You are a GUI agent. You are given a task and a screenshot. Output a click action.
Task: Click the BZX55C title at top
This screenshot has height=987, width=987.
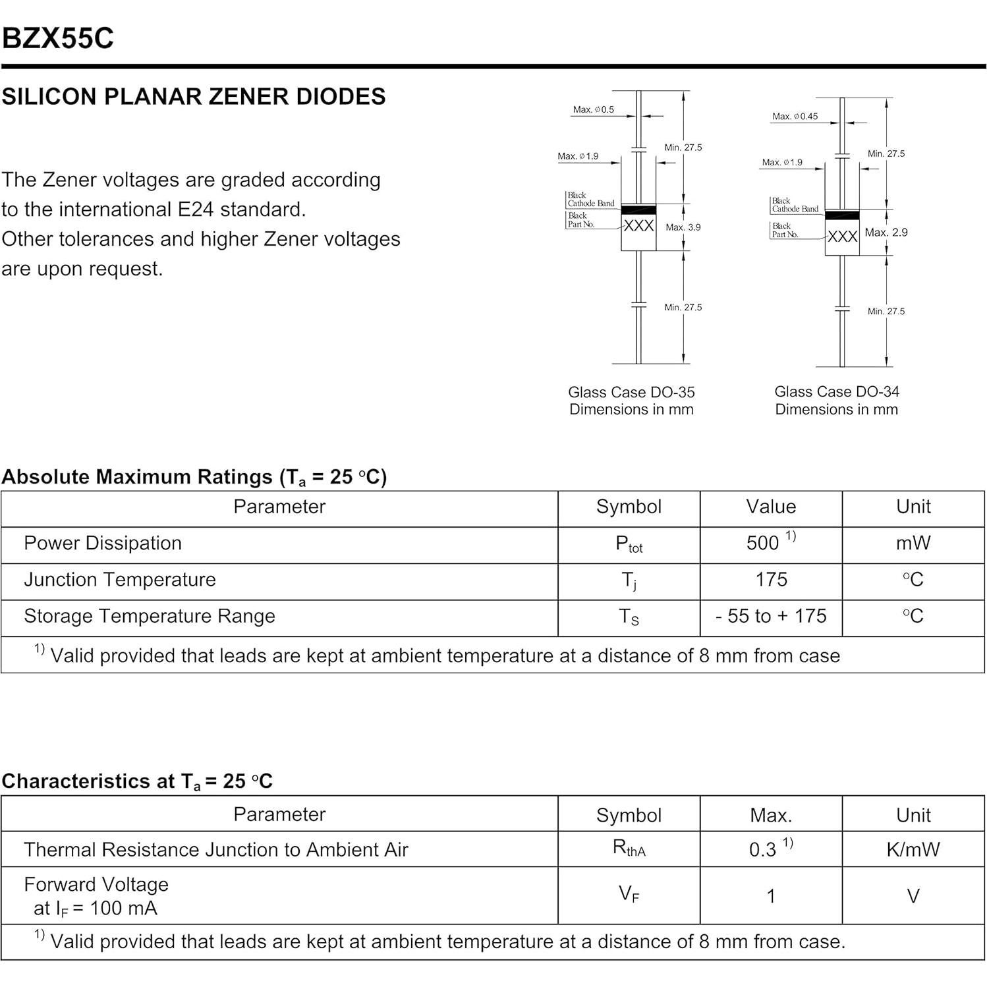click(58, 38)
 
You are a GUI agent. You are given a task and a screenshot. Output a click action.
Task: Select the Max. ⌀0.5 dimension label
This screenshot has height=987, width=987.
click(593, 109)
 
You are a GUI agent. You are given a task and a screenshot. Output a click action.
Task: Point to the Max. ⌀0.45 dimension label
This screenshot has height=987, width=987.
click(795, 117)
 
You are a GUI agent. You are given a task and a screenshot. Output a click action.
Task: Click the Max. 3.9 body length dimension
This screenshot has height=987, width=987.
click(683, 227)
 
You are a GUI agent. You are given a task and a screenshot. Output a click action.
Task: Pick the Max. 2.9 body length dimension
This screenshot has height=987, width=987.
click(886, 233)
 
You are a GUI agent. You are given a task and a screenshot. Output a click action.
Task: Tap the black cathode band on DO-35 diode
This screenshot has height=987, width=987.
click(638, 210)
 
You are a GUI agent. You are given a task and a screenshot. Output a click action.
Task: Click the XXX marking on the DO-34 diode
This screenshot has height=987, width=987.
click(842, 237)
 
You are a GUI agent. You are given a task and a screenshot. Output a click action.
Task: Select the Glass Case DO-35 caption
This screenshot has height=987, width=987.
click(631, 392)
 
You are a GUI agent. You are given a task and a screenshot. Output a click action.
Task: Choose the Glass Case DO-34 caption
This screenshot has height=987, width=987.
click(836, 391)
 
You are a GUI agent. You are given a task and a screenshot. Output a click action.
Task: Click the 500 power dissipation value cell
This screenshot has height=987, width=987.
click(770, 543)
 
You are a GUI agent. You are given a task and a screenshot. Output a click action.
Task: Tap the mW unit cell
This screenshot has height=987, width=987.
click(913, 543)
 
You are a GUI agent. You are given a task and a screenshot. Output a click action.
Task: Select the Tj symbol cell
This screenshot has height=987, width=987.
click(629, 580)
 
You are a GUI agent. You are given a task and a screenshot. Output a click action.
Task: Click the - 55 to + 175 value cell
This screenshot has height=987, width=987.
click(770, 616)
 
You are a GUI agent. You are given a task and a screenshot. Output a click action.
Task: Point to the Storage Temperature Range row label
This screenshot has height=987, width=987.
click(150, 616)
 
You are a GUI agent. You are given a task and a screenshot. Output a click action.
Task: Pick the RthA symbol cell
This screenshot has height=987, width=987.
click(629, 849)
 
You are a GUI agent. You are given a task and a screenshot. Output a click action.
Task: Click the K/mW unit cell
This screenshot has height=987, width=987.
click(913, 849)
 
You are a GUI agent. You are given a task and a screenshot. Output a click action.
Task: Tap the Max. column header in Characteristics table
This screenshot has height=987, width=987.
click(770, 815)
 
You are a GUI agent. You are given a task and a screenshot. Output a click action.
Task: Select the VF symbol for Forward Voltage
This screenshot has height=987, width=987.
click(629, 895)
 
